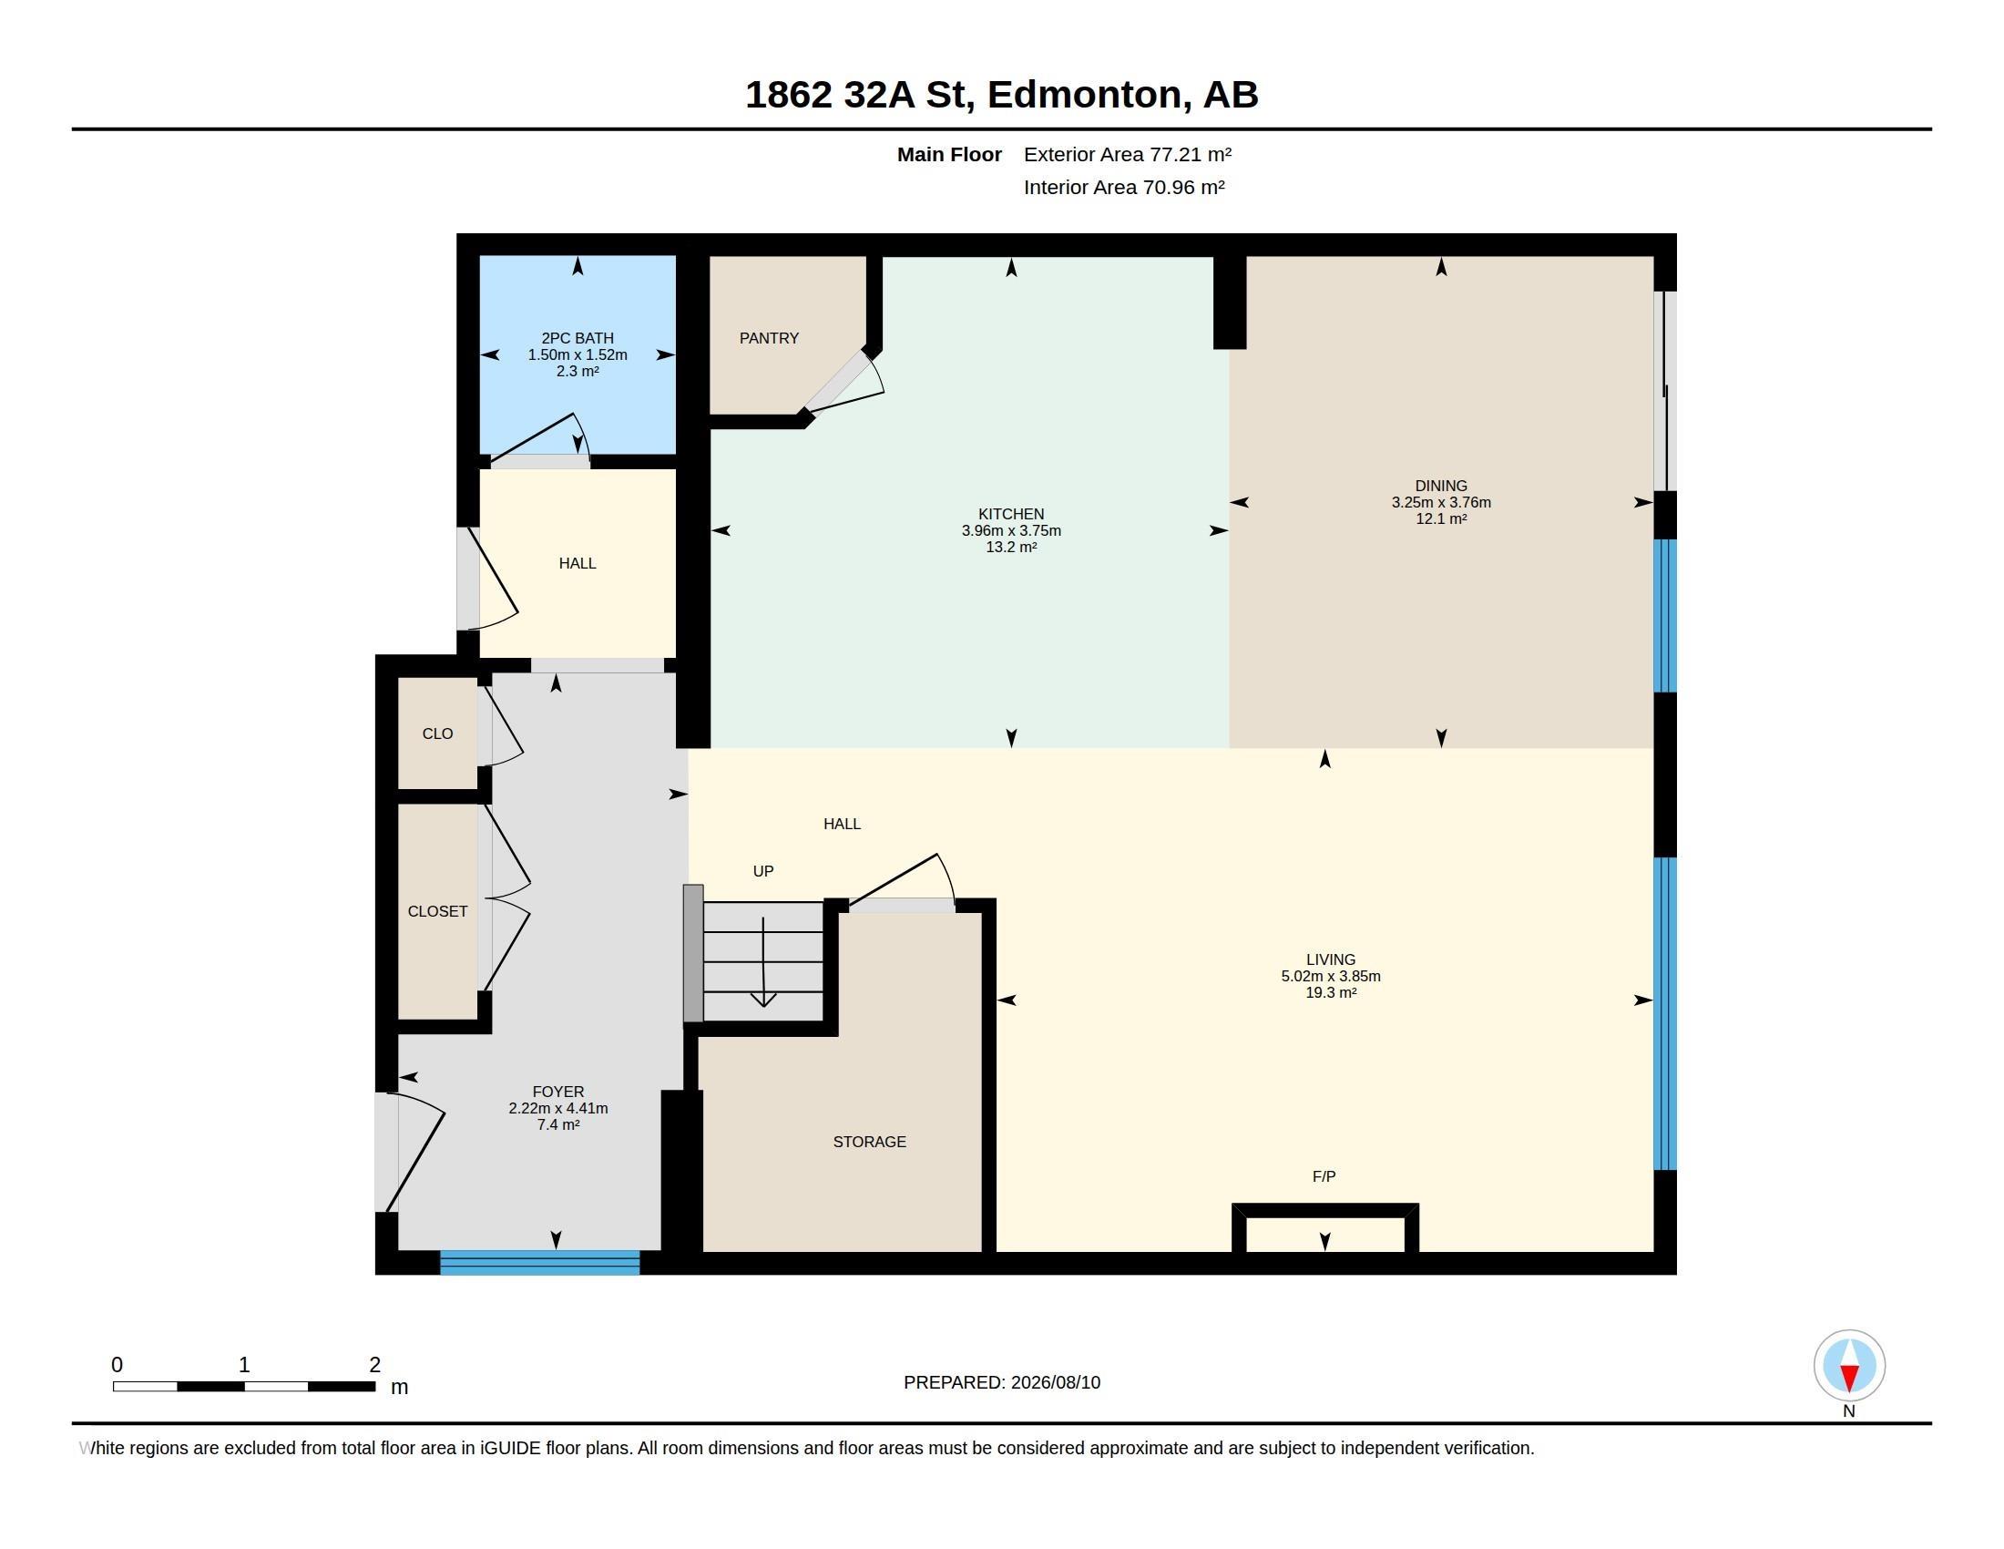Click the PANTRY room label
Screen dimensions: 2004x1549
click(x=769, y=339)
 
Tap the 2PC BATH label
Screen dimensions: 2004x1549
click(x=578, y=339)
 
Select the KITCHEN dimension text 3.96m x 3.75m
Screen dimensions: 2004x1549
click(x=1011, y=530)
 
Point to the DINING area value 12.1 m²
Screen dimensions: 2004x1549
click(x=1441, y=519)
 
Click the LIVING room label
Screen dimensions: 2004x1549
click(x=1331, y=959)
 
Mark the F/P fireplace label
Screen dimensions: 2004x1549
click(x=1324, y=1176)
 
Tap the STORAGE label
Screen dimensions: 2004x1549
click(x=869, y=1142)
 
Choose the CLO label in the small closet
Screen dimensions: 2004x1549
click(x=437, y=733)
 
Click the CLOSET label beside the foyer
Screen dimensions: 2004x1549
click(x=437, y=911)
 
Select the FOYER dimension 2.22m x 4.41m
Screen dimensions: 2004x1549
click(x=557, y=1109)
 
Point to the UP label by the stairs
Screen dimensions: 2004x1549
click(x=763, y=871)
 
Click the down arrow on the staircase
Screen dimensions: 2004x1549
click(x=763, y=961)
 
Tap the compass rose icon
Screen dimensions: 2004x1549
click(x=1849, y=1366)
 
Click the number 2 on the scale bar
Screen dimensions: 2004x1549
click(x=374, y=1365)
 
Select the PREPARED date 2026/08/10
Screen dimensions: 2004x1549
click(x=1055, y=1383)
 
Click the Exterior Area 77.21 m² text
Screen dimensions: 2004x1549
click(x=1128, y=154)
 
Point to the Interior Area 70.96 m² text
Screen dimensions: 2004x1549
click(x=1124, y=187)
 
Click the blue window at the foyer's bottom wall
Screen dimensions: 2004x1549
click(x=539, y=1263)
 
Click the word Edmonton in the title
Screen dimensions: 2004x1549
click(x=1085, y=95)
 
